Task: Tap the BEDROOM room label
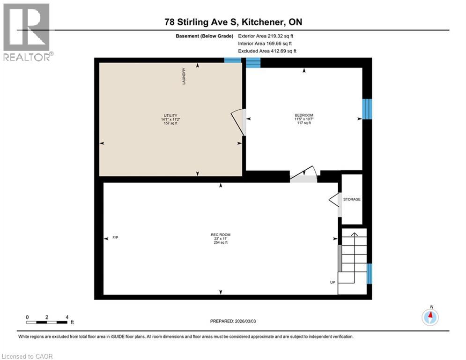[304, 115]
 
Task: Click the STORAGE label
[352, 199]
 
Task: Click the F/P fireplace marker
[115, 238]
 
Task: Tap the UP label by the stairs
[333, 282]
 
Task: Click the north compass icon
[429, 317]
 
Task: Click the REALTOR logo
[27, 32]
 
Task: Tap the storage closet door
[335, 201]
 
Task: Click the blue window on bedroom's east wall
[367, 109]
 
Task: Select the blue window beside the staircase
[369, 274]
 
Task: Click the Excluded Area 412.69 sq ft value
[267, 51]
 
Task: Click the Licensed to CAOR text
[28, 356]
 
